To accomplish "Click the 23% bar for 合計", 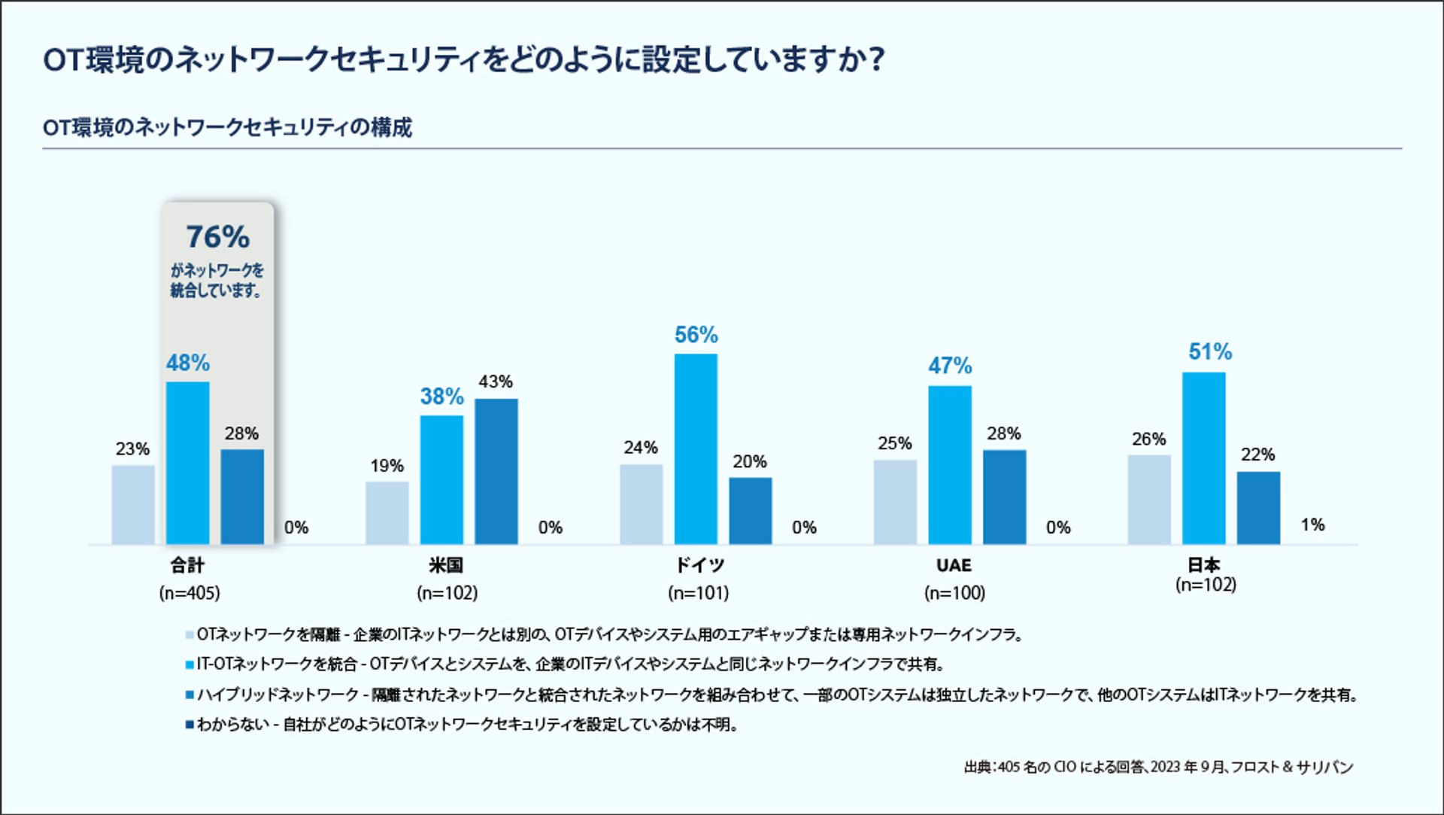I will [133, 504].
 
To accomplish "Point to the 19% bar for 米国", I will [387, 512].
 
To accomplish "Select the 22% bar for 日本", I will [1258, 507].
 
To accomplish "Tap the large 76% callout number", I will [217, 237].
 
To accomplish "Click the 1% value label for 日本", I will [1312, 525].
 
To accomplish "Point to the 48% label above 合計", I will [188, 363].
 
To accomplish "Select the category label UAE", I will [954, 565].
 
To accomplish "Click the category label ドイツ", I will [699, 565].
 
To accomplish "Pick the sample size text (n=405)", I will [190, 593].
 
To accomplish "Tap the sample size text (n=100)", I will [954, 593].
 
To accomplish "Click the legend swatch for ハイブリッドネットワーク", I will [190, 695].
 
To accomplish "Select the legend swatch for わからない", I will [190, 725].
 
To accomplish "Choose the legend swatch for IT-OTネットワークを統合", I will [190, 664].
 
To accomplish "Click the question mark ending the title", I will [875, 59].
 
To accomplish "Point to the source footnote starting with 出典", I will [1158, 767].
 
